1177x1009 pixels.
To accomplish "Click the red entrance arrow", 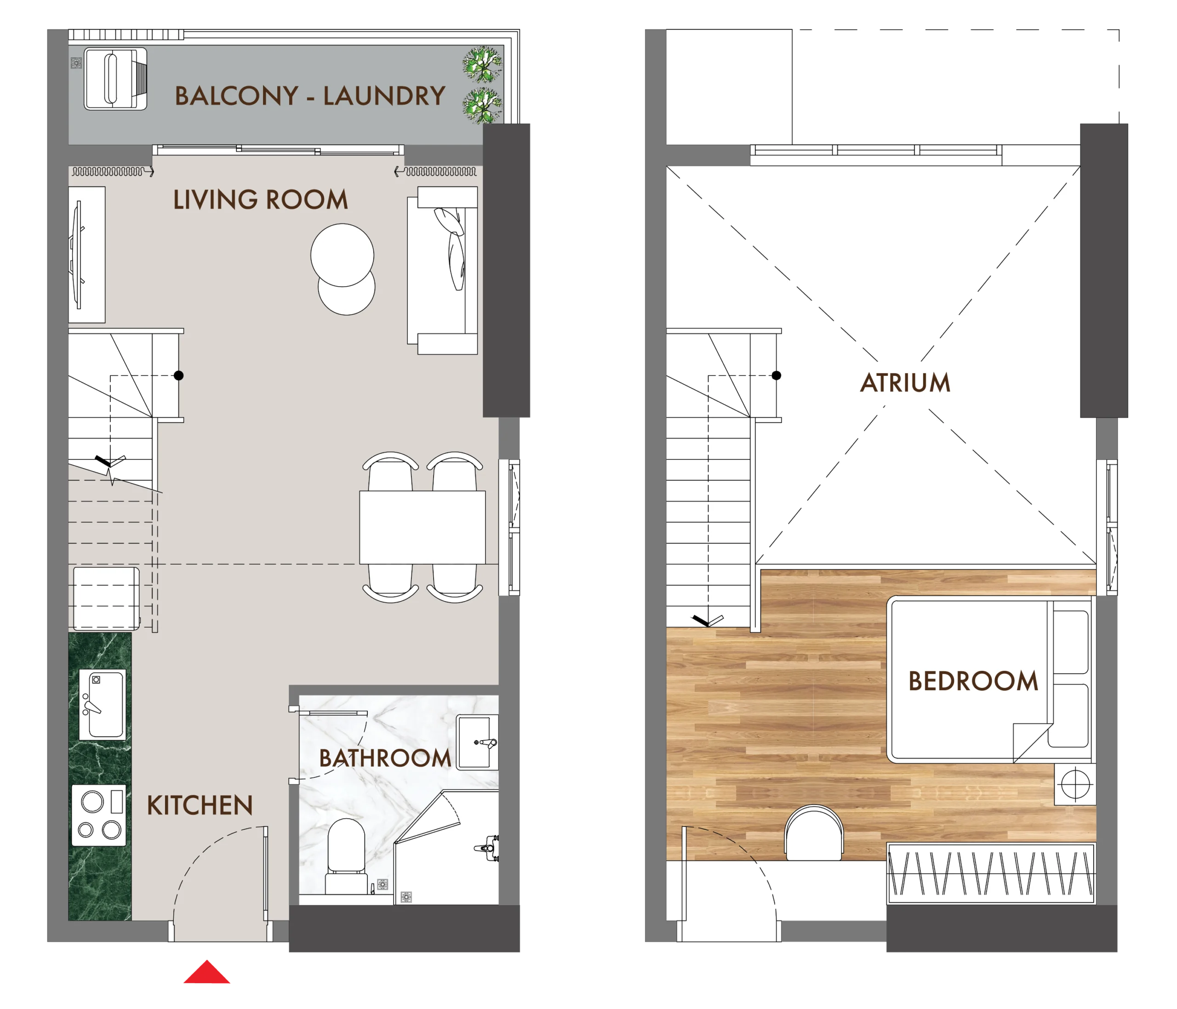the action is [207, 973].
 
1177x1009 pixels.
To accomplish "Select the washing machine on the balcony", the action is [116, 79].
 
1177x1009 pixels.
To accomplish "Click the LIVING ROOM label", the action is [260, 200].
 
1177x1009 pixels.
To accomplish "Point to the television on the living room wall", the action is [78, 255].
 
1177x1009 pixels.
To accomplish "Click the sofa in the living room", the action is [442, 270].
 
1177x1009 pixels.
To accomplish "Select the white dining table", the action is [423, 527].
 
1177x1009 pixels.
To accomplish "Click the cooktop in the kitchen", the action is [99, 816].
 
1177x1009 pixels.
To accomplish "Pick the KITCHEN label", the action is [200, 806].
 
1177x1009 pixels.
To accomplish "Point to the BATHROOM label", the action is [385, 759].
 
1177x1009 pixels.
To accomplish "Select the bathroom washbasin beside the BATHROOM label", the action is [478, 742].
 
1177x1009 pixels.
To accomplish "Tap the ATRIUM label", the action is [905, 383].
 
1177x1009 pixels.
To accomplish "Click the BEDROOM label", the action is [973, 681].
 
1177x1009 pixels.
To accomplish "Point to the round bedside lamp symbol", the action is [1075, 785].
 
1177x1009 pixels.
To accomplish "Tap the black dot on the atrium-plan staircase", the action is [777, 375].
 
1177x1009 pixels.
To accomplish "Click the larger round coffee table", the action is [343, 255].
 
